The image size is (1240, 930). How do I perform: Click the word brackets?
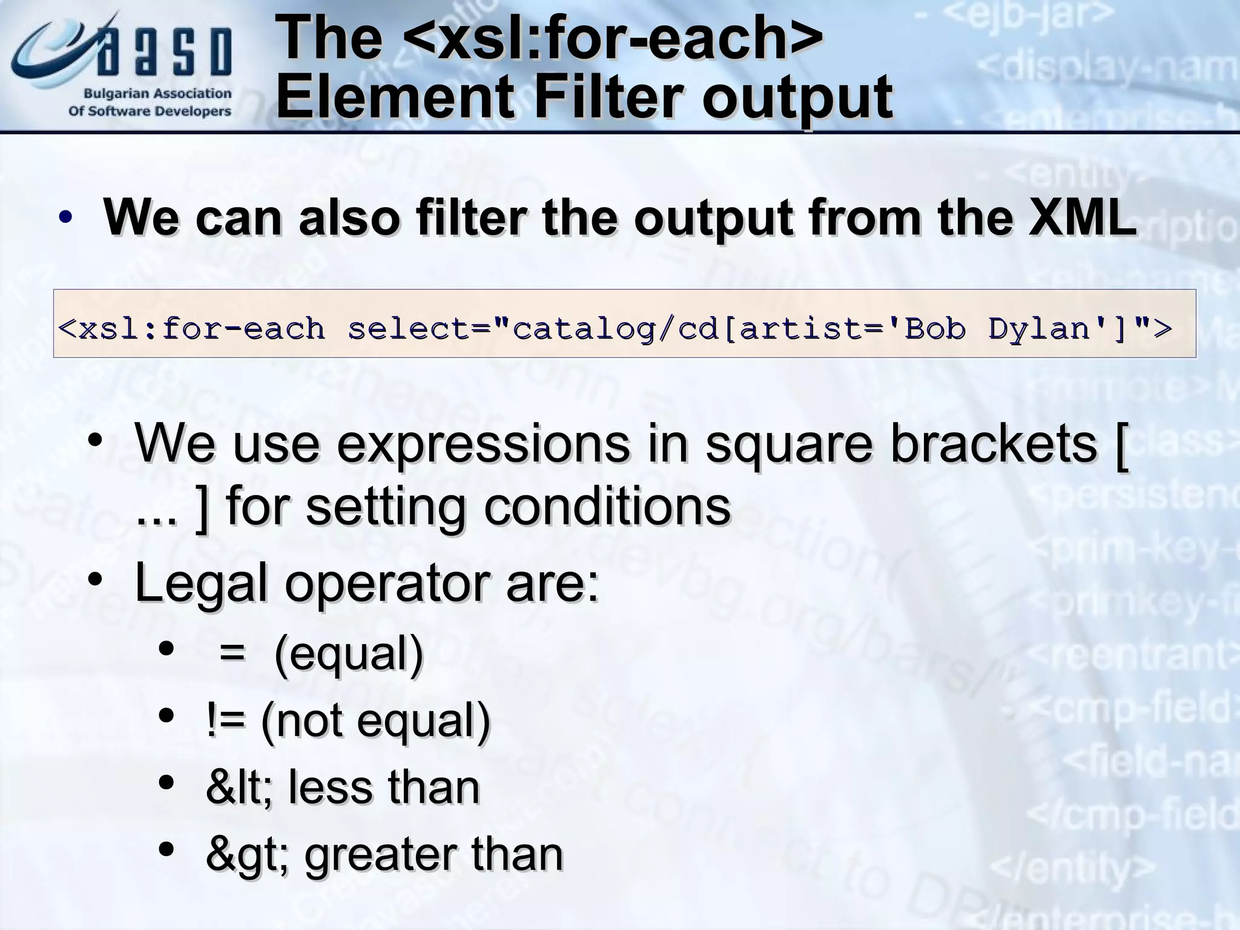pyautogui.click(x=993, y=444)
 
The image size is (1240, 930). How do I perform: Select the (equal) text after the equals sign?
pyautogui.click(x=349, y=655)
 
